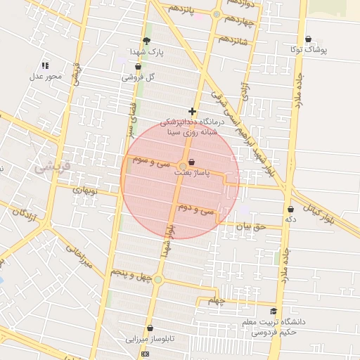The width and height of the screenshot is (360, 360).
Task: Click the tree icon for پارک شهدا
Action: (146, 41)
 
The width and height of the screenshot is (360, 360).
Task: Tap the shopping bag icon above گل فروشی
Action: (138, 67)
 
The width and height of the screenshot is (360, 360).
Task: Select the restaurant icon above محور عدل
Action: (46, 65)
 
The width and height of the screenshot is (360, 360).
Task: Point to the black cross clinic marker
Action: (192, 111)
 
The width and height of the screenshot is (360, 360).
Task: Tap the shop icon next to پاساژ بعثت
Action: (192, 162)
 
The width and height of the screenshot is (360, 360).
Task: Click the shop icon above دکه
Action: (290, 209)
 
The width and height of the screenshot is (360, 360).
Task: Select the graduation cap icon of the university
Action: (273, 311)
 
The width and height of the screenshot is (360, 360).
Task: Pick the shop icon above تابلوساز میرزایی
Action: (150, 328)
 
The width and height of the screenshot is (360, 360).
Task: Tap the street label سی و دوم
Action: (196, 210)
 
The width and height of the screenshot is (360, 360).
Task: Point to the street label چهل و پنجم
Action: (131, 273)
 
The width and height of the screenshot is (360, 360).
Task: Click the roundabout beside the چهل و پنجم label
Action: (157, 280)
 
